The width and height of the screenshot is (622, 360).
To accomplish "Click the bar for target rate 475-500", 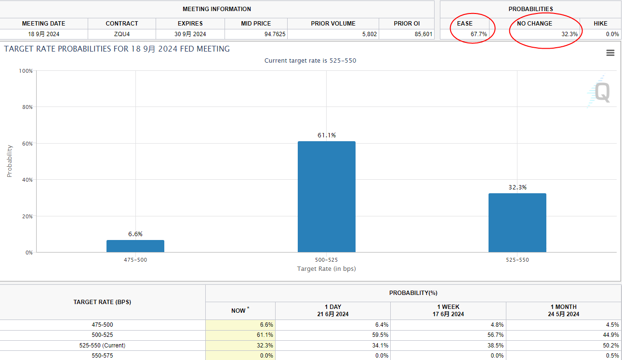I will [135, 246].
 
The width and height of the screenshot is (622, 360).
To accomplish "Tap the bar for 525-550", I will [517, 223].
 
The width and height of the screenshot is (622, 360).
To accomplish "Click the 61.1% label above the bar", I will [327, 135].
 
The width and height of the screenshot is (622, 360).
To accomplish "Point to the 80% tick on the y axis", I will [26, 107].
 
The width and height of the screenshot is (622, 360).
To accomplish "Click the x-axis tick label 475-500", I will [135, 260].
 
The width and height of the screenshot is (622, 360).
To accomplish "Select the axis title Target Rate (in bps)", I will [327, 268].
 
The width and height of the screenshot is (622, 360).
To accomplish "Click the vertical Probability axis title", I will [9, 161].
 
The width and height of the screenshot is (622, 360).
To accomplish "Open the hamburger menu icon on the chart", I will [610, 53].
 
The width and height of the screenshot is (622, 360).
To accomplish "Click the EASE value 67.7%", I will [479, 34].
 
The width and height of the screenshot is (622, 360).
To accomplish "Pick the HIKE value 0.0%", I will [612, 34].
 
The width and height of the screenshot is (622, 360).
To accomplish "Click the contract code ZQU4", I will [122, 34].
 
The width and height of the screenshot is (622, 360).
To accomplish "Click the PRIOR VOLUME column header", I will [333, 23].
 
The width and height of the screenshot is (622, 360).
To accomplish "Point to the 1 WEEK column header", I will [448, 310].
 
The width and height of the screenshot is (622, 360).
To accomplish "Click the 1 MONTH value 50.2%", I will [610, 346].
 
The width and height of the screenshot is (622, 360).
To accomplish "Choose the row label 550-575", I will [102, 356].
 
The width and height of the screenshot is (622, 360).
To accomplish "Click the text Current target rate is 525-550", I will [310, 61].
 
